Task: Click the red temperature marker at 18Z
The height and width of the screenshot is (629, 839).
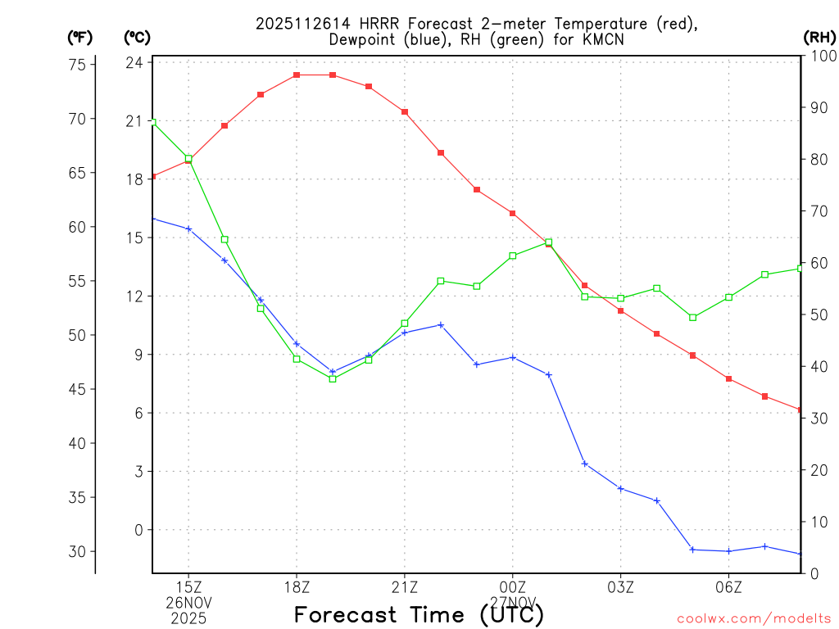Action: click(297, 75)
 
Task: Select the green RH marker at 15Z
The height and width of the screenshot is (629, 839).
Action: click(188, 159)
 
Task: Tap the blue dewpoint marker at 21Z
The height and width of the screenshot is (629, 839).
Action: click(405, 333)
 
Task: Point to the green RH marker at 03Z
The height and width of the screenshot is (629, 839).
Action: click(620, 298)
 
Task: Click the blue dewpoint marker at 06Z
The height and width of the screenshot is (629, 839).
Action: click(728, 551)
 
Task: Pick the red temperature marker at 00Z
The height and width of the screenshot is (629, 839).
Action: click(513, 214)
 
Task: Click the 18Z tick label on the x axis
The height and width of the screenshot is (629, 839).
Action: click(297, 587)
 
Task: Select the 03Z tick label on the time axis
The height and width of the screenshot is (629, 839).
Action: click(620, 587)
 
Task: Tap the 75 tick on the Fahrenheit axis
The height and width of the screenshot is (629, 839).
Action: click(80, 66)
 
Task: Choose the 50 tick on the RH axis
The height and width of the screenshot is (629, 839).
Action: click(819, 314)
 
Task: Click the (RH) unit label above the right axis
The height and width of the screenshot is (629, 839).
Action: click(819, 37)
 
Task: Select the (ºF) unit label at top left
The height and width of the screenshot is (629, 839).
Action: click(80, 37)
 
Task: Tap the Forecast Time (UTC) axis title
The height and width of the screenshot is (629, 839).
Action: click(419, 614)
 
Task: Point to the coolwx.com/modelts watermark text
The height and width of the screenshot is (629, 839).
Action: click(754, 618)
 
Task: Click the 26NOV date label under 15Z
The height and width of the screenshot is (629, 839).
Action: click(189, 603)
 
